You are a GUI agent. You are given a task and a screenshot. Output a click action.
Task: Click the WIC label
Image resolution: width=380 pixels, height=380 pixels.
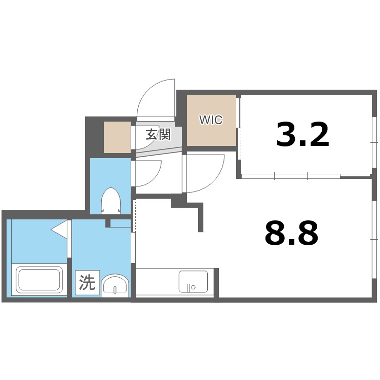211,120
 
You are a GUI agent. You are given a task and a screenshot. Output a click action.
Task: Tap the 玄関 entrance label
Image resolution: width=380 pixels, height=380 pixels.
158,135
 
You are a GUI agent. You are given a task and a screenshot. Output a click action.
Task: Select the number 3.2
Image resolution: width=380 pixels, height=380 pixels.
302,134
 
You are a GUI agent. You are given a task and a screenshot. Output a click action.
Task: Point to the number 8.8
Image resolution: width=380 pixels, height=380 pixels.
291,233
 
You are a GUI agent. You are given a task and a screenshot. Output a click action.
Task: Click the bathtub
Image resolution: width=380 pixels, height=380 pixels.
39,280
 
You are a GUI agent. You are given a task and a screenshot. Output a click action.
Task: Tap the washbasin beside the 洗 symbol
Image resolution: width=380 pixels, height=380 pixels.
116,285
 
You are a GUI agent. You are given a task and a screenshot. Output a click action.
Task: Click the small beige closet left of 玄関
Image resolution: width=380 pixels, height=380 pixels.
117,137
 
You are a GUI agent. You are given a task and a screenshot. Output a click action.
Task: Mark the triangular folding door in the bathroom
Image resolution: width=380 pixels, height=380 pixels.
60,230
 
